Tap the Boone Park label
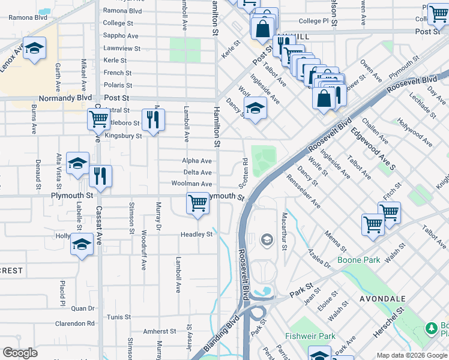(x=359, y=260)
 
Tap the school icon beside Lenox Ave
(x=35, y=49)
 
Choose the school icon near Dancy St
(x=255, y=109)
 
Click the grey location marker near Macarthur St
(x=267, y=241)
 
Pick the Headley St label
(x=197, y=235)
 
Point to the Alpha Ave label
(x=197, y=161)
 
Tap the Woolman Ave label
(x=191, y=184)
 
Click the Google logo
(x=20, y=353)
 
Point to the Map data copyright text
(x=411, y=355)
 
